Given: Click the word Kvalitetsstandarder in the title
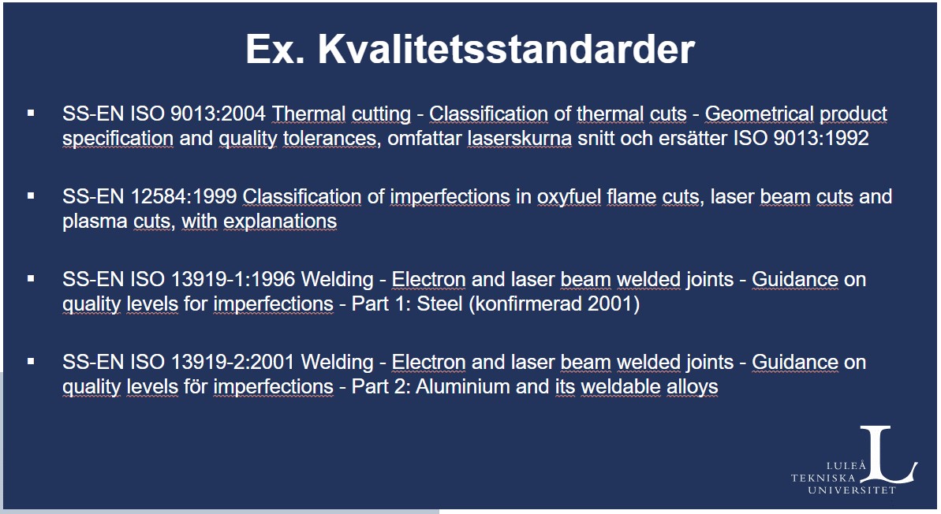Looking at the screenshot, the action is (x=506, y=49).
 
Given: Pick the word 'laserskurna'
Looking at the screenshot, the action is (x=519, y=138).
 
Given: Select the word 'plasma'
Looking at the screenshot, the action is (x=95, y=222).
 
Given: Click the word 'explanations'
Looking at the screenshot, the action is (x=280, y=222).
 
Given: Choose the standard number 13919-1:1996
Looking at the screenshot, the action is (x=233, y=279).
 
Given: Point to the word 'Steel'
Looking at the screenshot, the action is (x=439, y=304).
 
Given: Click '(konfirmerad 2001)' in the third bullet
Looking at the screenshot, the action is (x=554, y=304).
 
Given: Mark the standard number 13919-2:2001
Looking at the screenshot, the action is (x=233, y=362).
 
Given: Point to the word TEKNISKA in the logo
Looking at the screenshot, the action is (x=823, y=478).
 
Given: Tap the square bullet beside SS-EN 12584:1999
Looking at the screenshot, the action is (x=31, y=196).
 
